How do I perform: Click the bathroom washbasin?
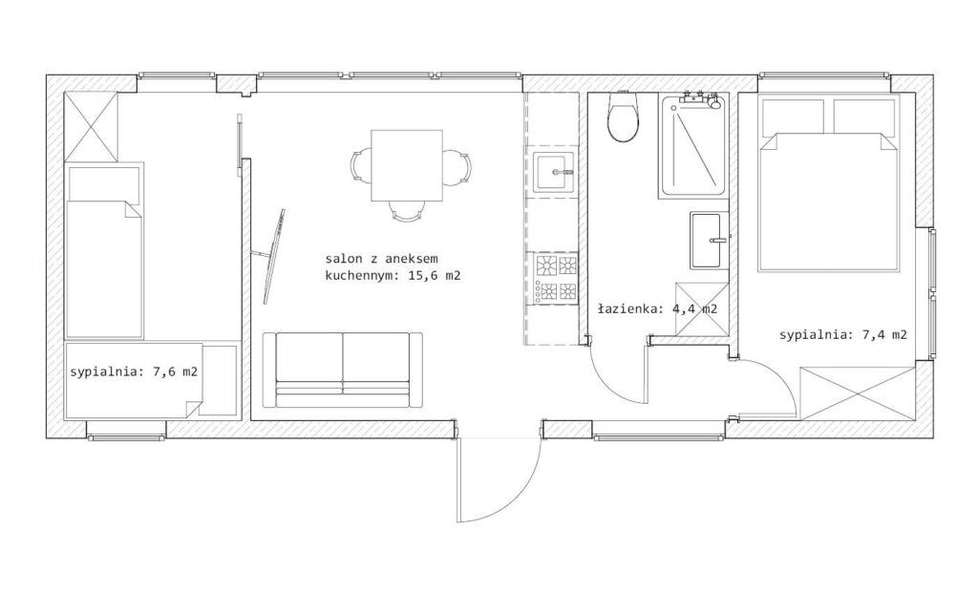tap(710, 241)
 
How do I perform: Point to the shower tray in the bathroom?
tap(693, 148)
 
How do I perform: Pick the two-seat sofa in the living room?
tap(343, 370)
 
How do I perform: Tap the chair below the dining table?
tap(406, 211)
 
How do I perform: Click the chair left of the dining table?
tap(361, 166)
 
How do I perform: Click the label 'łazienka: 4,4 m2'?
tap(657, 308)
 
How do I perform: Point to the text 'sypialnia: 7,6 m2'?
tap(134, 371)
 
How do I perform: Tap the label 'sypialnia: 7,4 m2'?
tap(843, 335)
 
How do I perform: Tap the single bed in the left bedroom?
tap(105, 251)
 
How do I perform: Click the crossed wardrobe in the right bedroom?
tap(859, 393)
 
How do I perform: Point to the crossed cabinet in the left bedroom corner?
tap(91, 127)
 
